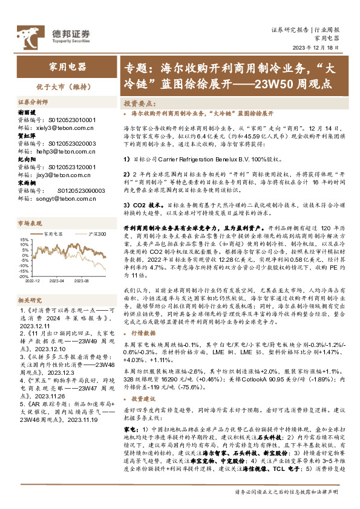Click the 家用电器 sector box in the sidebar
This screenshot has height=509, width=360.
click(x=67, y=65)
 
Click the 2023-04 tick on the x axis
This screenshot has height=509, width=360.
click(x=57, y=280)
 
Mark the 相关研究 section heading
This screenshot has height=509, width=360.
click(x=30, y=300)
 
